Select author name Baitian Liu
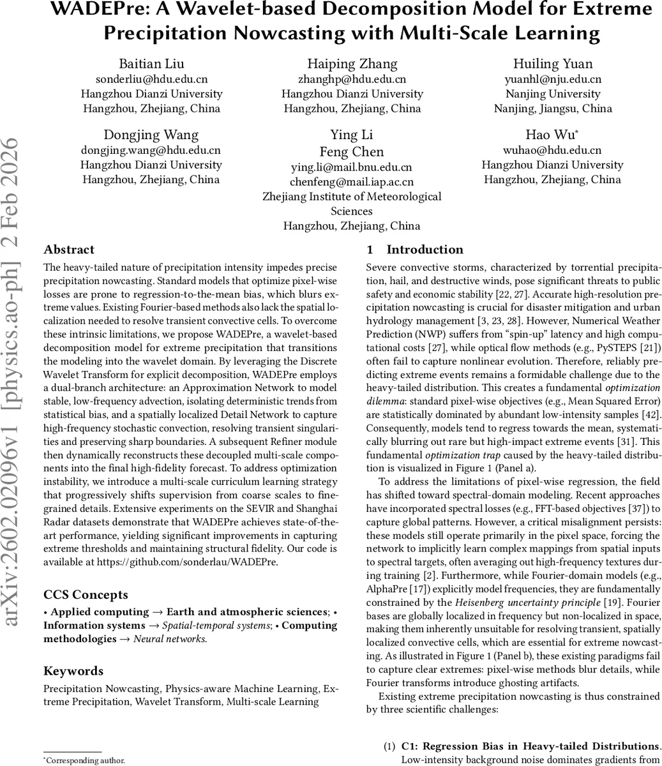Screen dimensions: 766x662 coord(151,63)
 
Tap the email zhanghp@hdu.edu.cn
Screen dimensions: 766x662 coord(352,79)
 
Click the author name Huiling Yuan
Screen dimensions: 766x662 coord(553,63)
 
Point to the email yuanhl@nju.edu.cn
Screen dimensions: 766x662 coord(553,79)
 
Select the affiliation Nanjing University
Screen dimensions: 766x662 coord(553,94)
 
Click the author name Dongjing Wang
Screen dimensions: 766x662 coord(151,135)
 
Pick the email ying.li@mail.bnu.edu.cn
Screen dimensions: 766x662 coord(352,167)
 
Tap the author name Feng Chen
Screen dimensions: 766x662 coord(352,152)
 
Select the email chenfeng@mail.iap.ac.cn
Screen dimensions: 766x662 coord(352,182)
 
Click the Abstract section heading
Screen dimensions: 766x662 coord(69,250)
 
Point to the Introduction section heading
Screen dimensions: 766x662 coord(425,250)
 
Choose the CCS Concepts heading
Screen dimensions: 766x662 coord(86,595)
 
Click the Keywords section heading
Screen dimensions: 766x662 coord(73,671)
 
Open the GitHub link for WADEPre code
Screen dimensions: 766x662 coord(187,562)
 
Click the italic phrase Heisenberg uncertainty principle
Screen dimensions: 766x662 coord(527,603)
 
